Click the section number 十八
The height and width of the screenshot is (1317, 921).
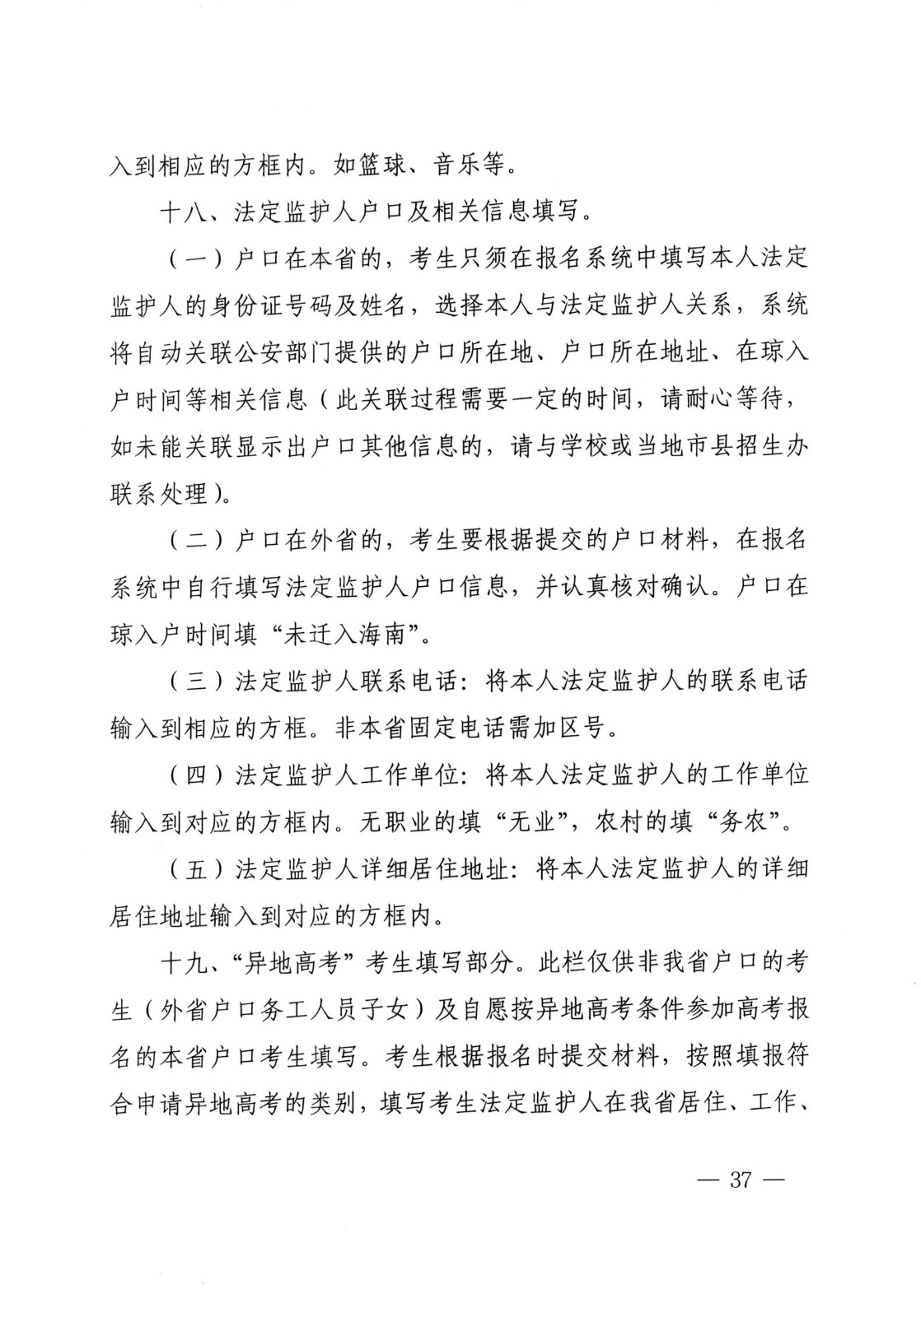click(x=185, y=212)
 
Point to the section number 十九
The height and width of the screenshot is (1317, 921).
click(x=185, y=961)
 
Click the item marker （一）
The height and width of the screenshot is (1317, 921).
click(x=196, y=258)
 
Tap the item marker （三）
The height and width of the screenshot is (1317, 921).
click(x=196, y=681)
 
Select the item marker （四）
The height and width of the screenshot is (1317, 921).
click(x=196, y=775)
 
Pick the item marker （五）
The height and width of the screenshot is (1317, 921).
click(x=196, y=868)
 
